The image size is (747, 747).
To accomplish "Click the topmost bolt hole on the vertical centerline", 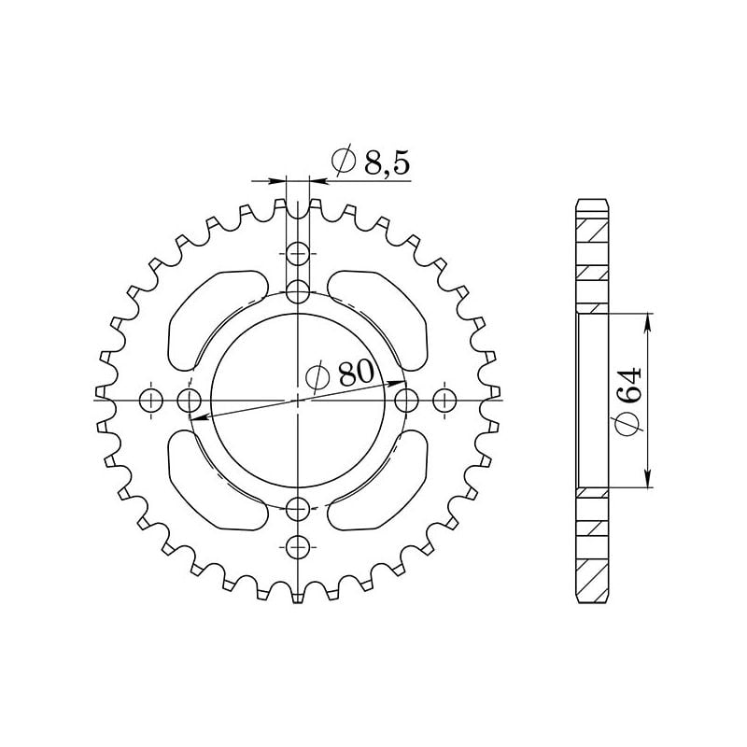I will [298, 253].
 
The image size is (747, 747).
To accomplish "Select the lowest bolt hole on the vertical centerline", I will [298, 545].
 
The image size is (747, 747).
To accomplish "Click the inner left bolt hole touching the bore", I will [190, 402].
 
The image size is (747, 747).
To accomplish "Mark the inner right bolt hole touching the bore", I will [405, 401].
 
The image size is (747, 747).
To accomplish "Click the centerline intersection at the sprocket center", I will [298, 400].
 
